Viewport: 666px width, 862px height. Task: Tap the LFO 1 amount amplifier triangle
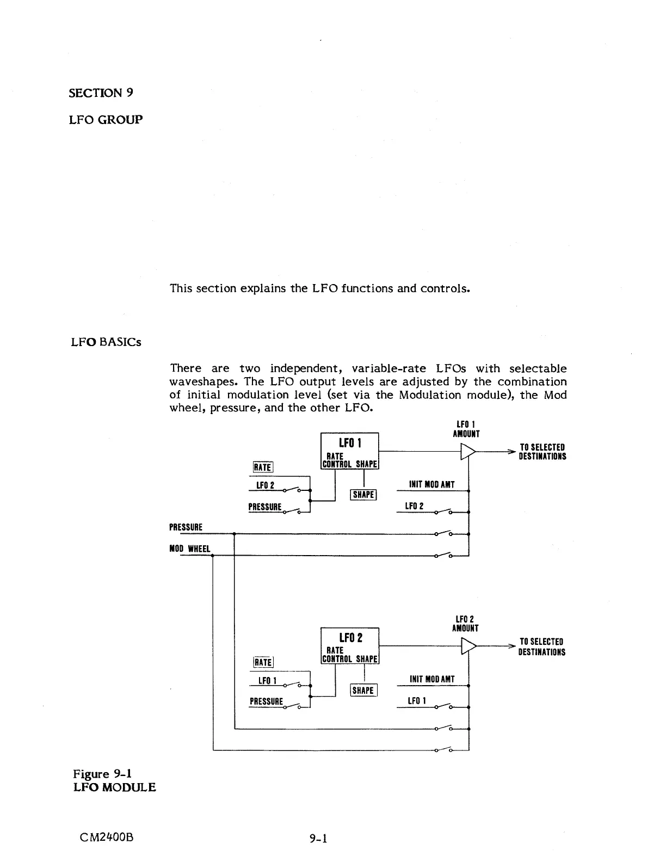467,451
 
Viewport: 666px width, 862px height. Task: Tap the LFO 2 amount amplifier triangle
467,646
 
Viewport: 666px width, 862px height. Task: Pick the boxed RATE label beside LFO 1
263,467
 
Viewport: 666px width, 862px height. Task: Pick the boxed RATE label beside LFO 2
263,662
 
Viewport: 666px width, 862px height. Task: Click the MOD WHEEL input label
190,549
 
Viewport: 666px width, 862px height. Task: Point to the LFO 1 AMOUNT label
466,429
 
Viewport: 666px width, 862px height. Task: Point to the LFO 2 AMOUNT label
465,624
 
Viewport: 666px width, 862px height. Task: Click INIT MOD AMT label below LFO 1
431,484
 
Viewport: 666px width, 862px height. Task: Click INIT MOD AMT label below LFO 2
432,679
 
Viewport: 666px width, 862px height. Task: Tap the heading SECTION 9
101,93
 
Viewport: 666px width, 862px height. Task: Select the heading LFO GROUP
106,119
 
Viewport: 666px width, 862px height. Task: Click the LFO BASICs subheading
106,342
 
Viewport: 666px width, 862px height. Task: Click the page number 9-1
317,839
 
